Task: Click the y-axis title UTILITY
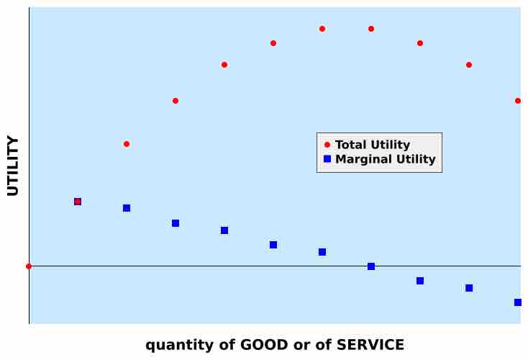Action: pos(13,166)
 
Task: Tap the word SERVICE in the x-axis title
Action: pos(369,345)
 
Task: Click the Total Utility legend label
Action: pos(373,145)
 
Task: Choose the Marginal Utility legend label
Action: pos(385,159)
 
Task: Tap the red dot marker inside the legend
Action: pos(327,145)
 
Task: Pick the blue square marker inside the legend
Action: pos(327,159)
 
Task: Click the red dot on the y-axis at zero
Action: pos(29,266)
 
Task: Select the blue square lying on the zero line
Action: pos(371,266)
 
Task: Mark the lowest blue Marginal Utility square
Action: pos(518,302)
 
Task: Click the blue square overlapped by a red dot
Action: pos(78,202)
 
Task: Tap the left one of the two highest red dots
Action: pos(322,29)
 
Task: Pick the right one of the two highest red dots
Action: pos(371,29)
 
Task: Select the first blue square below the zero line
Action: pos(420,281)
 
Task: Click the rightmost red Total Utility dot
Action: pos(518,101)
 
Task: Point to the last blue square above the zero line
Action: pos(322,252)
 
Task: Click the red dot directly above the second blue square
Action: pos(127,144)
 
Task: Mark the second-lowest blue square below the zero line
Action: pos(469,288)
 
